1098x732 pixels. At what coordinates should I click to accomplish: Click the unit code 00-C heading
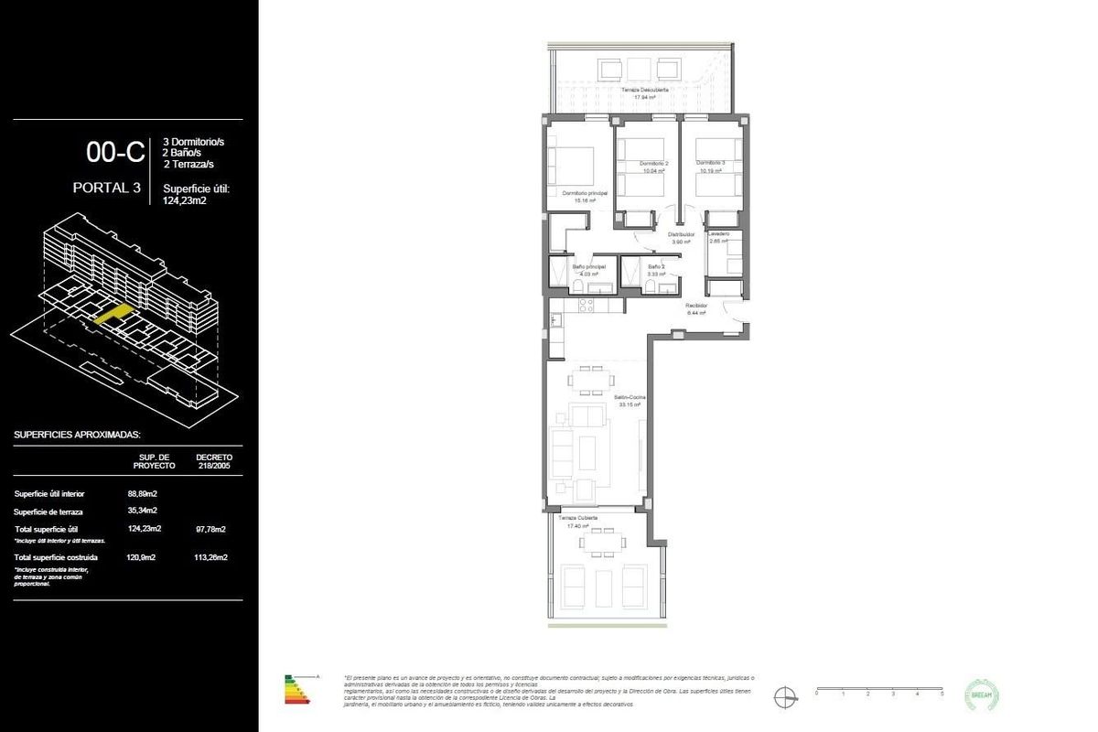pos(115,152)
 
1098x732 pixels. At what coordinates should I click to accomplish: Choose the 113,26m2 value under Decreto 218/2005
pos(211,556)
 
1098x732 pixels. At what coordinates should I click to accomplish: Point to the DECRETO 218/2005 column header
pos(214,460)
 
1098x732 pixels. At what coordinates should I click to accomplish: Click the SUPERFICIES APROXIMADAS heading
pos(77,435)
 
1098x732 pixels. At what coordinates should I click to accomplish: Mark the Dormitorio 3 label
pos(710,164)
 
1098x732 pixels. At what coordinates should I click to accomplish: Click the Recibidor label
pos(697,306)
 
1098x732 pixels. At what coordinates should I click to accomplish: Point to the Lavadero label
pos(718,234)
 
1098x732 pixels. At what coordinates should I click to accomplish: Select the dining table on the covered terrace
pos(599,542)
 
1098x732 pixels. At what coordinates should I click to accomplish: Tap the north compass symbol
pos(784,695)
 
